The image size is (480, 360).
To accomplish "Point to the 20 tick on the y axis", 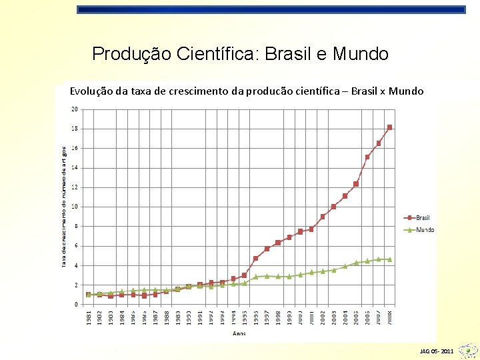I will pyautogui.click(x=74, y=109).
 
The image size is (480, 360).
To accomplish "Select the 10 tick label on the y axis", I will pyautogui.click(x=74, y=207).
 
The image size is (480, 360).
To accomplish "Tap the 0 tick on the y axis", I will pyautogui.click(x=75, y=305).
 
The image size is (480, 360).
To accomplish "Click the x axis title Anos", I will pyautogui.click(x=239, y=333).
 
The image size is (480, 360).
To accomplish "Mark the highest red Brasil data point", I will pyautogui.click(x=390, y=127).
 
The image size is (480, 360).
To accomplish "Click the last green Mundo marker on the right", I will pyautogui.click(x=390, y=259).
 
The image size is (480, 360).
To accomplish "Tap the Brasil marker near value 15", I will pyautogui.click(x=367, y=157).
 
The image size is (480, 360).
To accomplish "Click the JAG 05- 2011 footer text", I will pyautogui.click(x=437, y=351).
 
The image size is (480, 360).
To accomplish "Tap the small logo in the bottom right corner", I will pyautogui.click(x=469, y=349).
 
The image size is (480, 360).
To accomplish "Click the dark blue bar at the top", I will pyautogui.click(x=271, y=10).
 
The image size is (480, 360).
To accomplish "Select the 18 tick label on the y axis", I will pyautogui.click(x=74, y=129).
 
